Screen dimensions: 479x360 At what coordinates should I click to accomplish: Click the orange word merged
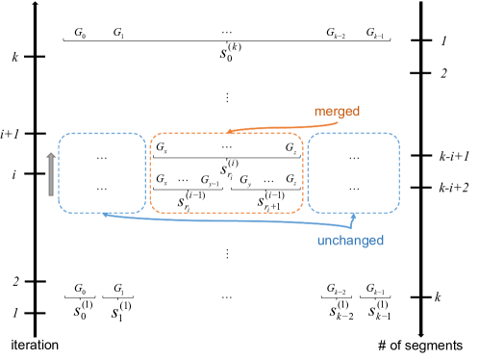(x=337, y=112)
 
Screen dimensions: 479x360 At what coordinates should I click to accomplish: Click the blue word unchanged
(x=350, y=240)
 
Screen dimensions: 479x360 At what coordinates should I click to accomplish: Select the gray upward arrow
(x=51, y=173)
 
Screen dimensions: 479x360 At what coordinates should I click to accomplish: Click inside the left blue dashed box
(x=102, y=172)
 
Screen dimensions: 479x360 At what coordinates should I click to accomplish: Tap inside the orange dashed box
(x=226, y=172)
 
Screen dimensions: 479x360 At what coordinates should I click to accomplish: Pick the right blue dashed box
(x=353, y=172)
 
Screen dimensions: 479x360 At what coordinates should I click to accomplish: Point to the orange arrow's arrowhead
(x=229, y=132)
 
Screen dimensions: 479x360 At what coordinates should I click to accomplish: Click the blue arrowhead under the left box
(x=105, y=215)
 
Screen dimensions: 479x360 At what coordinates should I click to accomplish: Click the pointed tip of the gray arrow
(x=51, y=151)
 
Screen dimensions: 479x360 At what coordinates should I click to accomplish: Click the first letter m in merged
(x=318, y=112)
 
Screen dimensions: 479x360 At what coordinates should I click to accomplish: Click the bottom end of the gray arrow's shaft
(x=51, y=194)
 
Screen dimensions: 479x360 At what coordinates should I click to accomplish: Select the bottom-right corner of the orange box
(x=301, y=210)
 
